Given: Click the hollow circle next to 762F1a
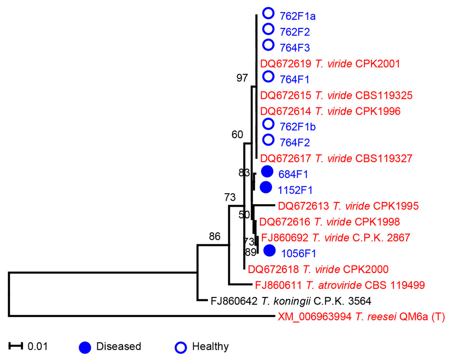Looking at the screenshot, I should point(268,13).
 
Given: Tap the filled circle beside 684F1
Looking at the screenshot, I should point(267,171).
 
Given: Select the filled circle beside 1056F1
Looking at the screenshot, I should point(269,251).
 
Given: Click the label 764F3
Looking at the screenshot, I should point(294,47).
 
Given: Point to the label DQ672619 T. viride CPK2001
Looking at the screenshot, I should point(330,63).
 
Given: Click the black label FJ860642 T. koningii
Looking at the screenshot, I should point(291,301).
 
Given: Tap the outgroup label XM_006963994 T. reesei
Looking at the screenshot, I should point(362,316).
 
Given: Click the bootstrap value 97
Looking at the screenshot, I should point(242,79).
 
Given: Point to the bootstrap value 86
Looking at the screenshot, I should point(215,236).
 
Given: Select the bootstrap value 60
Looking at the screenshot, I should point(237,135).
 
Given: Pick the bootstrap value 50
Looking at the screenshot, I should point(244,215).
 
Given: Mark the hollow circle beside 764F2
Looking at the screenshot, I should point(268,140).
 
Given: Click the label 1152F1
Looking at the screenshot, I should point(295,190).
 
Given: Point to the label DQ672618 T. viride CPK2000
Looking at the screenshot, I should point(318,269).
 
